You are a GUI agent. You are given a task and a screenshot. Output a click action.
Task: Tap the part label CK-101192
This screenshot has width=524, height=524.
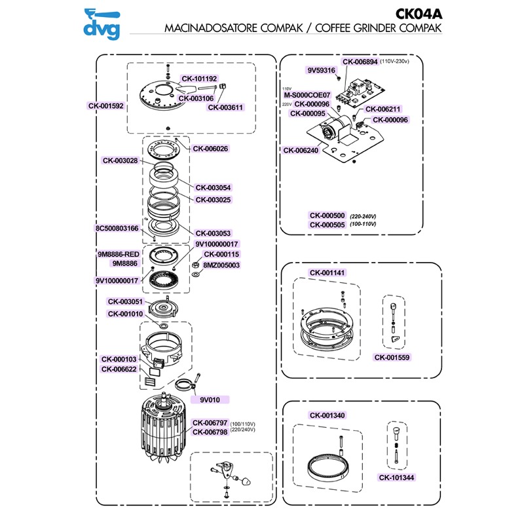[199, 79]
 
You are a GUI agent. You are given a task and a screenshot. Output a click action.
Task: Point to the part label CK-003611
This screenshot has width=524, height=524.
[226, 107]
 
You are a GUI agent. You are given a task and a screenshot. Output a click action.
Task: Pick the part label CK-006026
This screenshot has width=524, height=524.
[210, 149]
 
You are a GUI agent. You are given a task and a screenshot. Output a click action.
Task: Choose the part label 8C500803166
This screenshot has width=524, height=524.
[117, 229]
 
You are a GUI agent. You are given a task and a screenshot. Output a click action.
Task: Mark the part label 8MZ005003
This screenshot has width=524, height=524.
[222, 265]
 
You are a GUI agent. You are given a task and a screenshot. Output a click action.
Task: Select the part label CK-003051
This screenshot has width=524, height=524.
[127, 302]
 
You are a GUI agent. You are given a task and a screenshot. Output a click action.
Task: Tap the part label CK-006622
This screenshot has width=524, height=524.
[119, 369]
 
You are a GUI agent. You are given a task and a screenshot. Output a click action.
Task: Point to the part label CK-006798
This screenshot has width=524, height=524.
[210, 432]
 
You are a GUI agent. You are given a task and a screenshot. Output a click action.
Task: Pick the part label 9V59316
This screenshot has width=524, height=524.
[321, 70]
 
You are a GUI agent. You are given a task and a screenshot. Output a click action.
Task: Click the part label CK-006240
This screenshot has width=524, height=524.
[301, 150]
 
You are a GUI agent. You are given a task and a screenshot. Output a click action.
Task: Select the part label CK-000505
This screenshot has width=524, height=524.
[327, 224]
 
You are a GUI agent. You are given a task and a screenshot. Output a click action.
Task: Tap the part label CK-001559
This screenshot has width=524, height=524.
[392, 358]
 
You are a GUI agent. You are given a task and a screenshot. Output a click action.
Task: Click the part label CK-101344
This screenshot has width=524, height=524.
[397, 477]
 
